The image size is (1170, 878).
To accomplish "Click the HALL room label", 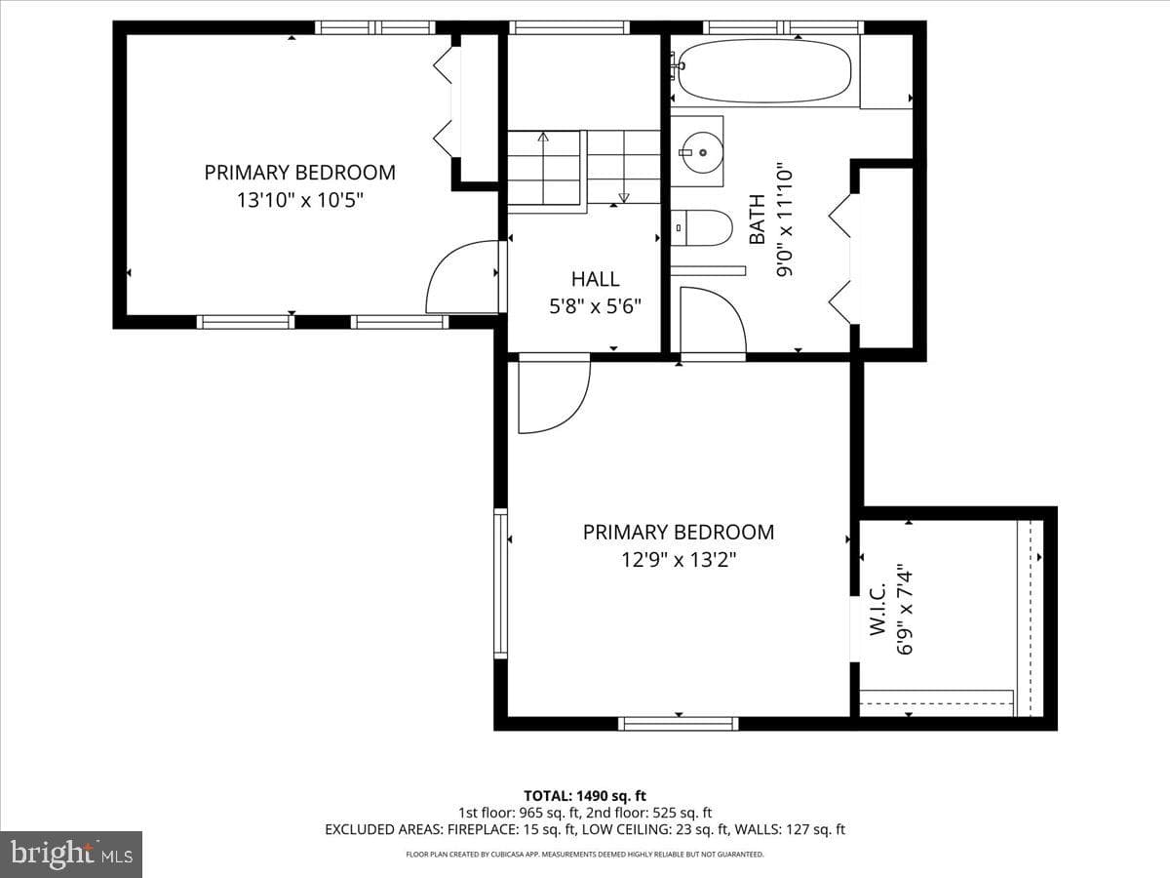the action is (595, 279).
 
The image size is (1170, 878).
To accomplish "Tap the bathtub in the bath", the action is (764, 71).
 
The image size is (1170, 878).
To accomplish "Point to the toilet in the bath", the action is (701, 227).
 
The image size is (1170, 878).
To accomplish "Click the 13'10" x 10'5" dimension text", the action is (300, 200).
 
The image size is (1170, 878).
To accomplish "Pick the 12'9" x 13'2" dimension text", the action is (679, 560).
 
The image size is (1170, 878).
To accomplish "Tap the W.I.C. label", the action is (877, 609).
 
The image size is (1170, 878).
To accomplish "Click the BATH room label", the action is (758, 219).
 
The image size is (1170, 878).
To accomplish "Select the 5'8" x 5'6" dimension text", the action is (595, 306).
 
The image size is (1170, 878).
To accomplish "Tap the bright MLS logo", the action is (71, 855).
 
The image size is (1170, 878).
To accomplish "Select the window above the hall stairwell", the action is (569, 27).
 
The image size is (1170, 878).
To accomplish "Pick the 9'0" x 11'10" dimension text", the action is (785, 219).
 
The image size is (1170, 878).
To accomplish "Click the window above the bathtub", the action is (783, 27).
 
